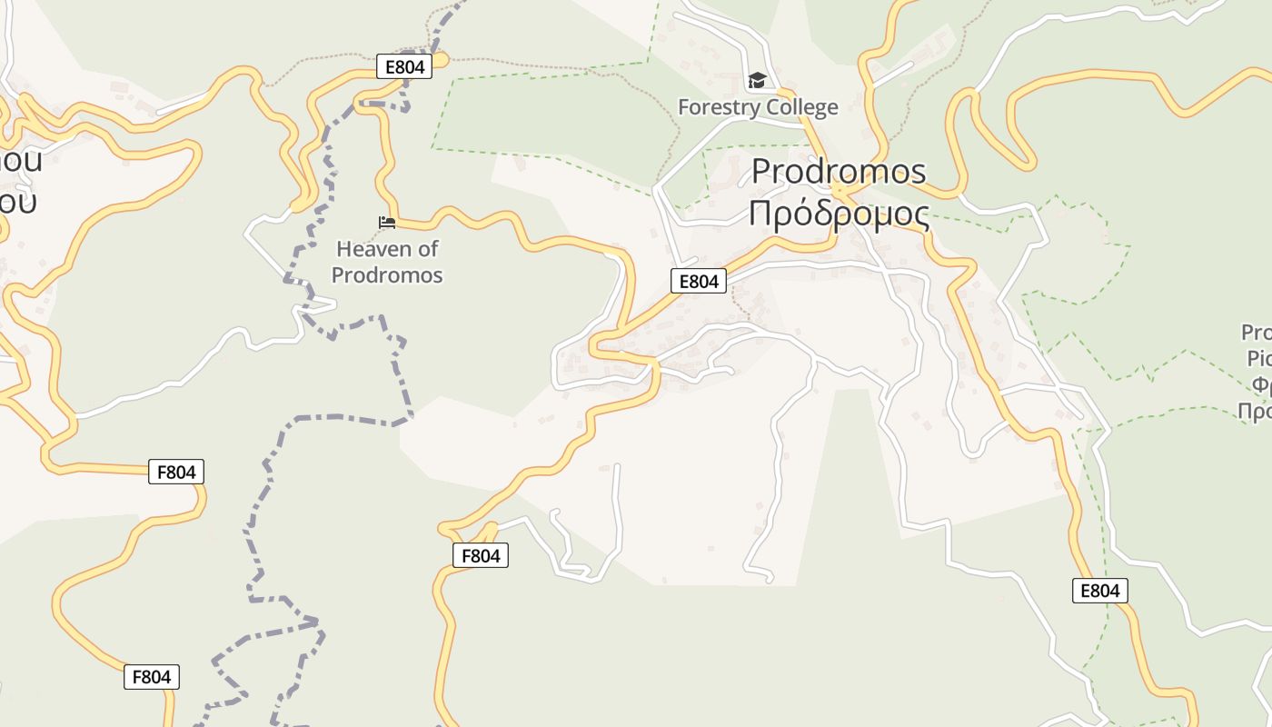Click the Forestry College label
(758, 107)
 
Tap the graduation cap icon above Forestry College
(758, 81)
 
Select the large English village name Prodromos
(839, 171)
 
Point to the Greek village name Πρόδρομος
(839, 214)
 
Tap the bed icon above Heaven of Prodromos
(387, 223)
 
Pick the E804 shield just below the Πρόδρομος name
(699, 282)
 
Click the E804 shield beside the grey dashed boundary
(404, 66)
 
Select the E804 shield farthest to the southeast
(1099, 591)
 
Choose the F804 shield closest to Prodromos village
(480, 555)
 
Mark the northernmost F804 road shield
(176, 472)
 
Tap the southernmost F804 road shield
(152, 677)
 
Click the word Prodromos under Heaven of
(387, 274)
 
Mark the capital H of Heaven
(343, 249)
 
